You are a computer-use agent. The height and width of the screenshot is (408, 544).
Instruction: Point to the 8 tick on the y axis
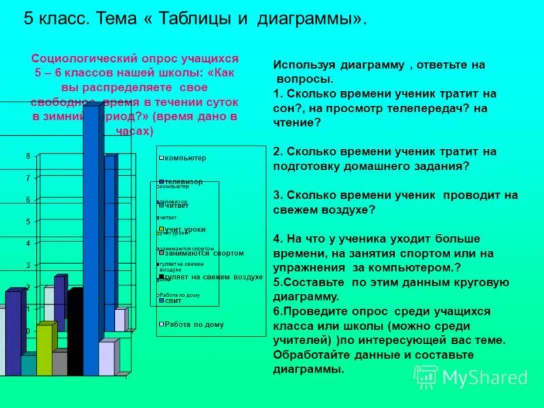[x=28, y=156]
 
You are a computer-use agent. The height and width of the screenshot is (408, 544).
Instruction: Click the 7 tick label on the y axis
[x=28, y=177]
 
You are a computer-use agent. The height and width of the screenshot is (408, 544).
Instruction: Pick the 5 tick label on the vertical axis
[x=28, y=221]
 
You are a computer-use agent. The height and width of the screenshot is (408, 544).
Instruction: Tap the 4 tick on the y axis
[x=28, y=243]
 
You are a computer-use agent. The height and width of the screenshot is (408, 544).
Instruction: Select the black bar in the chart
[x=74, y=333]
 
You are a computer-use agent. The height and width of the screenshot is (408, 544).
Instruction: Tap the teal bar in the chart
[x=28, y=365]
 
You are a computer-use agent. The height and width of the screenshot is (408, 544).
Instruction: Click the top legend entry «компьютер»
[x=184, y=158]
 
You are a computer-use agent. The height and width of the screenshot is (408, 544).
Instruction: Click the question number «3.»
[x=277, y=195]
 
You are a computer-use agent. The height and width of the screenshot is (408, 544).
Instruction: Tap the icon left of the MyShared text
[x=426, y=377]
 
